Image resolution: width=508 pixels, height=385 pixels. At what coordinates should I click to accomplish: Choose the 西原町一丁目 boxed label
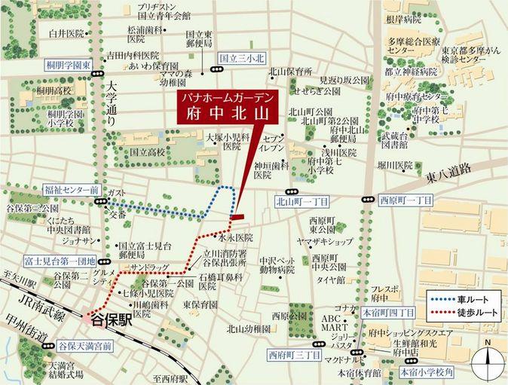coord(405,201)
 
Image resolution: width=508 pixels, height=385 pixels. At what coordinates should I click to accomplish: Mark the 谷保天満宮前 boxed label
coord(79,346)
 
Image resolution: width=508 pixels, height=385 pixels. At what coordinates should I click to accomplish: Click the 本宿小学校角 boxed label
coord(426,371)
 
